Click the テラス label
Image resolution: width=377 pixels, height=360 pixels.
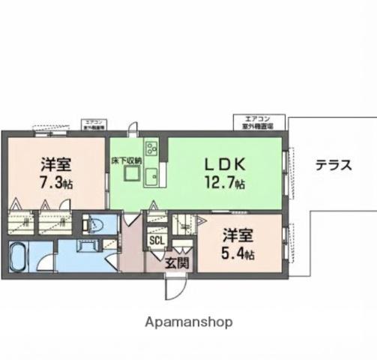tap(333, 166)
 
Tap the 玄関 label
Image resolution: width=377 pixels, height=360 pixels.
tap(177, 262)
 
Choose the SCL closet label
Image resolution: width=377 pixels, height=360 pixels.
tap(157, 241)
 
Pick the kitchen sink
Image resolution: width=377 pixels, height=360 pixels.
tap(151, 178)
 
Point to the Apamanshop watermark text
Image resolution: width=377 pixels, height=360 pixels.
tap(188, 322)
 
